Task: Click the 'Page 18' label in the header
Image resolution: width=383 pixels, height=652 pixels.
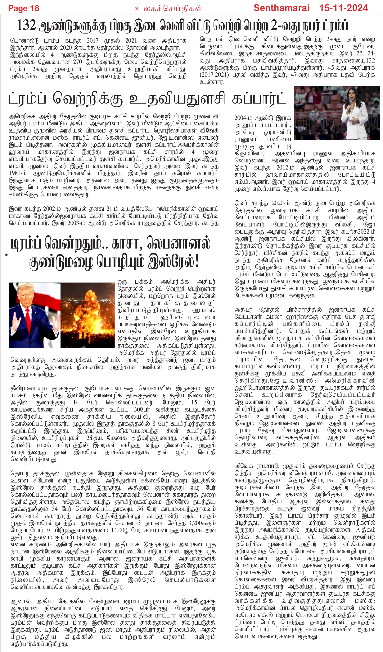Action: click(24, 8)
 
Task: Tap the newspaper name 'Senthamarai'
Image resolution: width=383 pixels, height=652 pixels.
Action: click(282, 8)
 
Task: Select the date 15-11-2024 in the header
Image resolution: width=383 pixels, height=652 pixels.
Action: click(344, 8)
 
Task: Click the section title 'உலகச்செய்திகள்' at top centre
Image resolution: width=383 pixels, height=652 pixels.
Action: click(168, 9)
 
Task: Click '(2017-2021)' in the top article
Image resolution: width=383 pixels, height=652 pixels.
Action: click(214, 75)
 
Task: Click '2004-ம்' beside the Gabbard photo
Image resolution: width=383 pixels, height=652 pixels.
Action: click(244, 118)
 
